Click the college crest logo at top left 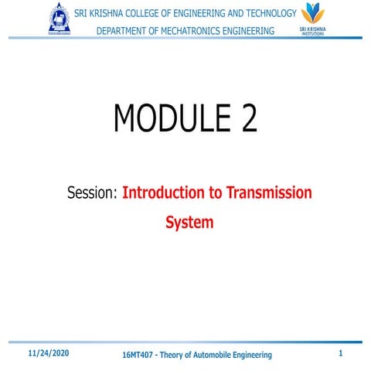[x=59, y=19]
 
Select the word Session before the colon [x=90, y=192]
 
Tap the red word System [x=189, y=222]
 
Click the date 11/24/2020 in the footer [x=49, y=352]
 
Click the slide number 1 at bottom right [x=341, y=352]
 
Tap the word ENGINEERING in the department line [x=243, y=30]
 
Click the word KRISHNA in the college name [x=109, y=13]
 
